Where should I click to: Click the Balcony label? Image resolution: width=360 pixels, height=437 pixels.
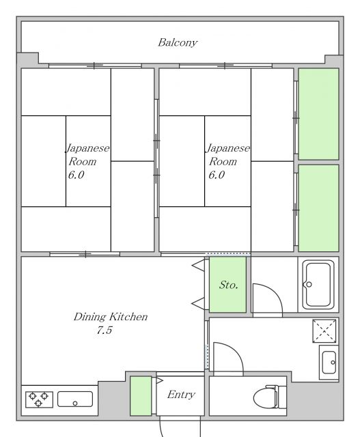click(x=178, y=42)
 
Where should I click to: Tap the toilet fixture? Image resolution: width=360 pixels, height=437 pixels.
click(x=270, y=397)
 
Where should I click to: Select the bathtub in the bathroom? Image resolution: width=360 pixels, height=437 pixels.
click(x=318, y=285)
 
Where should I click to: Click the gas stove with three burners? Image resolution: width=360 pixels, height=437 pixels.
click(x=39, y=399)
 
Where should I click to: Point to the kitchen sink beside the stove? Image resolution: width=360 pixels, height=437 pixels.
click(x=75, y=399)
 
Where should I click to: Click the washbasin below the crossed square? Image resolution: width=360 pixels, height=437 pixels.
click(x=329, y=363)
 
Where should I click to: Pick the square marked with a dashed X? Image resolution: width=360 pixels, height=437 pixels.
click(x=324, y=330)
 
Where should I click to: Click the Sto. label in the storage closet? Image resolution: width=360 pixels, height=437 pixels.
click(x=228, y=285)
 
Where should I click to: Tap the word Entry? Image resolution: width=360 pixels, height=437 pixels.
click(x=181, y=395)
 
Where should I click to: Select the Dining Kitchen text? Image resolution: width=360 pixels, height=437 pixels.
click(x=111, y=317)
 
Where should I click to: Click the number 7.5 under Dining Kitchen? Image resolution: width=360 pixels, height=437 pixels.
click(x=105, y=330)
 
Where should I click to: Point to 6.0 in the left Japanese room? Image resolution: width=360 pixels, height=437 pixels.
click(x=76, y=175)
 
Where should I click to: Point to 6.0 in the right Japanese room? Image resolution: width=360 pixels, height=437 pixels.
click(x=217, y=175)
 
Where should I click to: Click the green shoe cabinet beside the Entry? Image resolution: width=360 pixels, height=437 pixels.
click(x=141, y=396)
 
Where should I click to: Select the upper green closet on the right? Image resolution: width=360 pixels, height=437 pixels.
click(x=319, y=114)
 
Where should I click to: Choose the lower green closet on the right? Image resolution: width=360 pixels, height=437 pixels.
click(x=319, y=208)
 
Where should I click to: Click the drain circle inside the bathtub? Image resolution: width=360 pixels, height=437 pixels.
click(x=309, y=285)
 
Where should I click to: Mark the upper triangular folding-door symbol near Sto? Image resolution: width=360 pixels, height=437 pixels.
click(x=199, y=265)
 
